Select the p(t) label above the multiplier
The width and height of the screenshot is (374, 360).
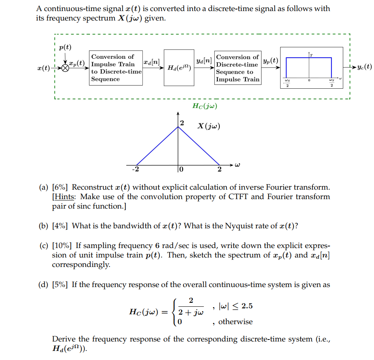point(65,48)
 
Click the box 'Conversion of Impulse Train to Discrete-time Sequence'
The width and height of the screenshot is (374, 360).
point(116,68)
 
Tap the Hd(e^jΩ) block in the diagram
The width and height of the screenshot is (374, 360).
point(179,67)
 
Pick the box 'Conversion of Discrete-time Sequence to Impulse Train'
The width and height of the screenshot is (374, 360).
point(237,68)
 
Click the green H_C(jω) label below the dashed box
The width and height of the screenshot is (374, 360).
point(205,106)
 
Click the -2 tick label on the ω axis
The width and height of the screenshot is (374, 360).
point(135,170)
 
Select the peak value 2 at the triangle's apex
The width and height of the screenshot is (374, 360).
point(181,123)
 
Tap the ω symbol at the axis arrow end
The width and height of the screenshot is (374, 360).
point(237,166)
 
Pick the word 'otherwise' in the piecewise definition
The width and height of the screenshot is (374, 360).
point(236,322)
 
